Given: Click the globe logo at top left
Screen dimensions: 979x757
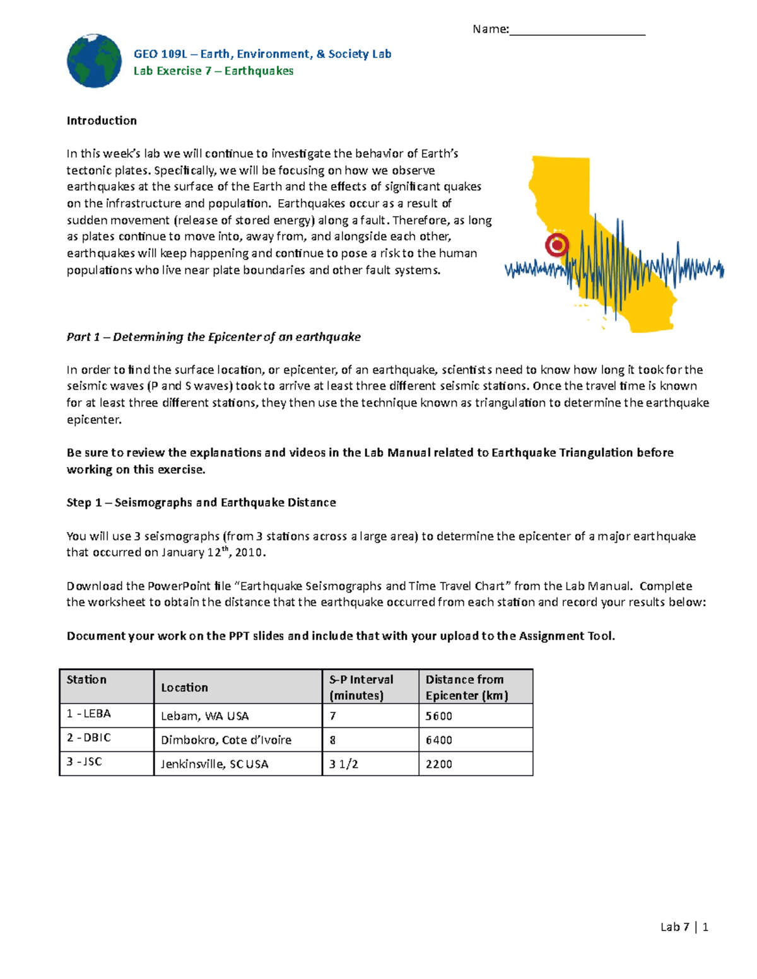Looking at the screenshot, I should (94, 61).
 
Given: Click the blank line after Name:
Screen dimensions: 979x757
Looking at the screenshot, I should (577, 30).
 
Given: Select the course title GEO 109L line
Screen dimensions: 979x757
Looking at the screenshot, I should (262, 54).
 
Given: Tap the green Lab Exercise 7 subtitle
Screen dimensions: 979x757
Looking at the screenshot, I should (213, 71).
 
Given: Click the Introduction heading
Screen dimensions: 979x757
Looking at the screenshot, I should (102, 120).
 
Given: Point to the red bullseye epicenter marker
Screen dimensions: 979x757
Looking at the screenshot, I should (557, 245).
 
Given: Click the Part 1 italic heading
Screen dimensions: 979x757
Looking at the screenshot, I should (213, 337).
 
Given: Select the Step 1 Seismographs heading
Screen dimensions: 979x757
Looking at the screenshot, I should (201, 502).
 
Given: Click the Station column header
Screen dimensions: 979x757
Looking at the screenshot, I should (87, 680).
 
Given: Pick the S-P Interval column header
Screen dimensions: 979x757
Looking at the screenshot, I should (361, 687).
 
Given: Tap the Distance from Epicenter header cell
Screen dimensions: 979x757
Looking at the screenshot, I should (467, 687).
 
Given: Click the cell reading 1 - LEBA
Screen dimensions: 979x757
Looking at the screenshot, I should (89, 714).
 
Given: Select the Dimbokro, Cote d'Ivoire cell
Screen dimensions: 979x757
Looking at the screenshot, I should (226, 740).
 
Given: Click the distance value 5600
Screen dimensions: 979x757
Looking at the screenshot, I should (438, 716).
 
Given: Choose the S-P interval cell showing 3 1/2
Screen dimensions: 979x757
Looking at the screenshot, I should (344, 764).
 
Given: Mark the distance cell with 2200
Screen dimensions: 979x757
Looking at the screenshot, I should (438, 764).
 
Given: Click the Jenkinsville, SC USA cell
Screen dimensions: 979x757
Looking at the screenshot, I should (214, 764).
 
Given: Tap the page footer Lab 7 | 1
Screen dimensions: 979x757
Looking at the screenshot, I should (684, 927).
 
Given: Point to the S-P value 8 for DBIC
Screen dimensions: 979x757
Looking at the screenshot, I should (332, 740).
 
